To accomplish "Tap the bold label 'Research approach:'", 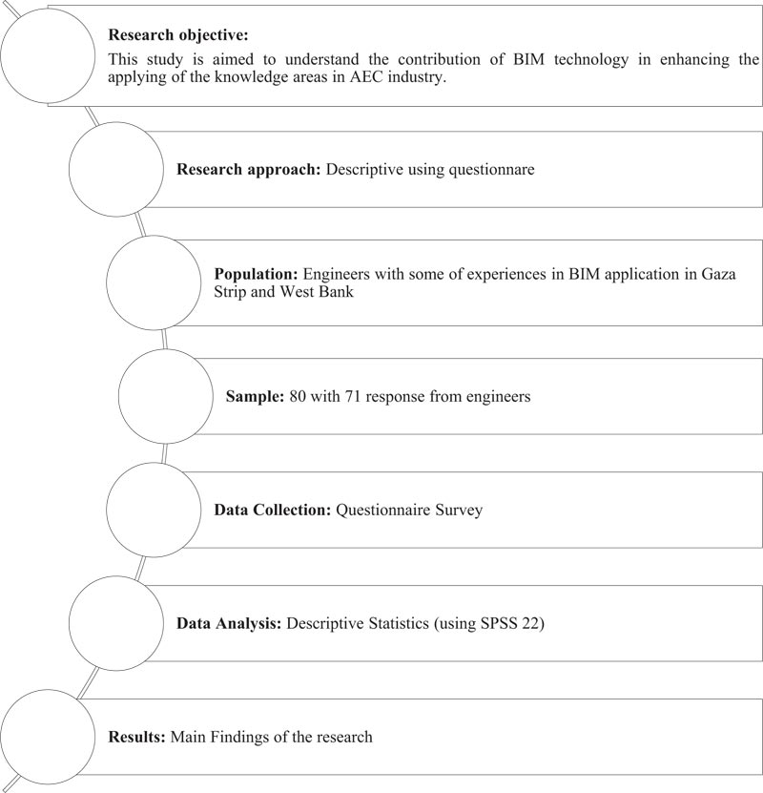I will pyautogui.click(x=249, y=169).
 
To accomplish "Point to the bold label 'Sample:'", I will pyautogui.click(x=256, y=396).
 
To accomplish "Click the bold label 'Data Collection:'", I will pyautogui.click(x=273, y=510).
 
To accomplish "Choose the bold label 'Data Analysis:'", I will pyautogui.click(x=229, y=624).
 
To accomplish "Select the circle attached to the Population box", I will pyautogui.click(x=153, y=282).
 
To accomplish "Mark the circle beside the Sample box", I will pyautogui.click(x=165, y=396).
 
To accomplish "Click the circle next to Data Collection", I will pyautogui.click(x=153, y=510).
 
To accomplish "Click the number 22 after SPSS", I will pyautogui.click(x=532, y=624).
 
